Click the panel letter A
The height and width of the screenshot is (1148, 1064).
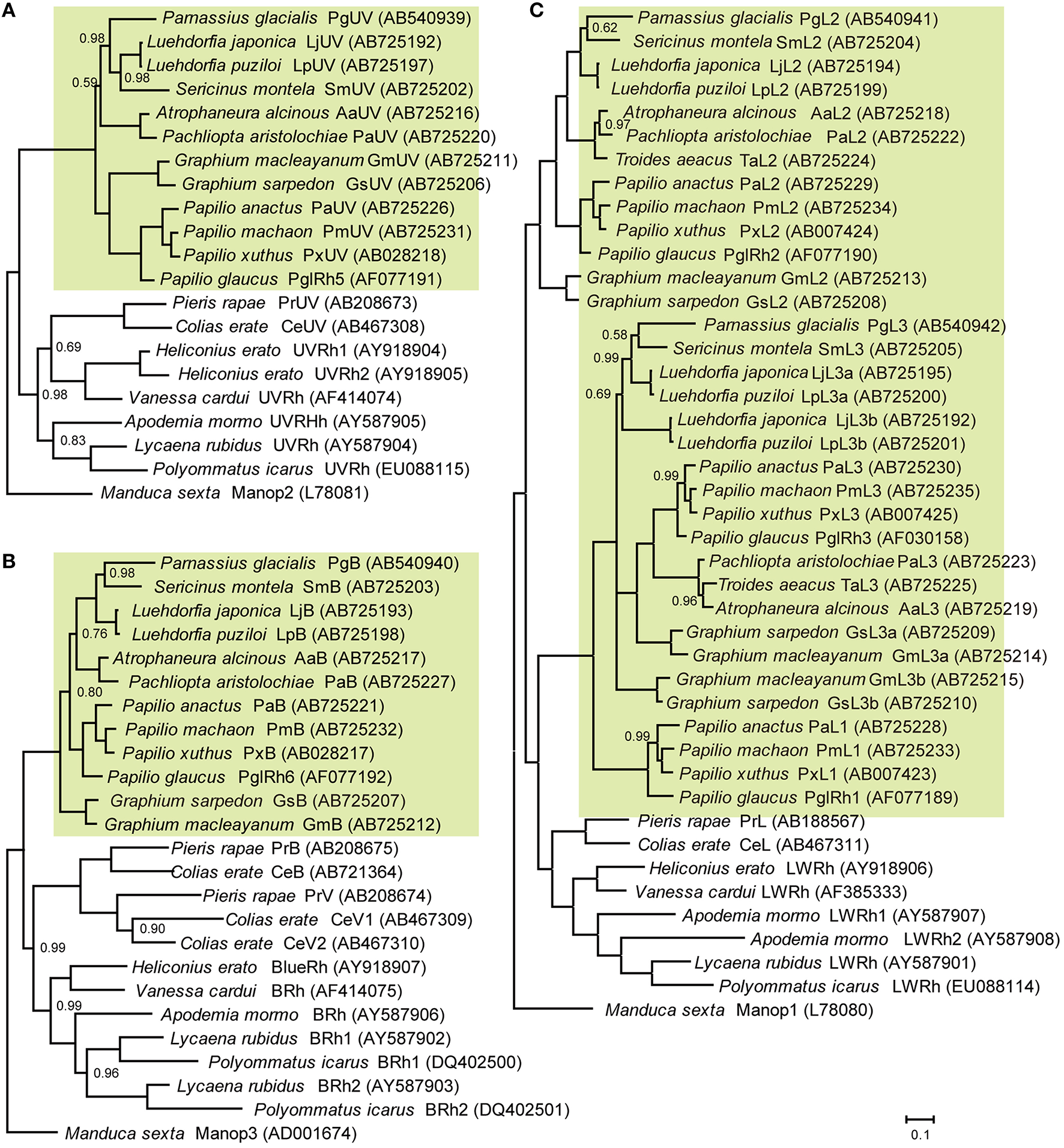(8, 11)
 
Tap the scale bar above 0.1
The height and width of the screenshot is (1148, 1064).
(920, 1119)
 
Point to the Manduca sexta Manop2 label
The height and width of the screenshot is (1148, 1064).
(234, 493)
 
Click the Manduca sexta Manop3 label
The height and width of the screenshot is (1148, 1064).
(210, 1134)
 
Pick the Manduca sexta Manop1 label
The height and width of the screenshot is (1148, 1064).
(739, 1010)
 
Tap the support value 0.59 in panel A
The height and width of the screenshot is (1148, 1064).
(84, 83)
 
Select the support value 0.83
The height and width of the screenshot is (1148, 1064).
(73, 441)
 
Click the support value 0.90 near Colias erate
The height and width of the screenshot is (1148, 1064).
(153, 929)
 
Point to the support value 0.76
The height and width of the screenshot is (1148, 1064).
(94, 634)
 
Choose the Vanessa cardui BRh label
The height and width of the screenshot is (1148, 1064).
(268, 991)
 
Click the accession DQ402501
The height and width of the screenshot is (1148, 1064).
(521, 1110)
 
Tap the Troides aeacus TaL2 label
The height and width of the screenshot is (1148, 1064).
(745, 160)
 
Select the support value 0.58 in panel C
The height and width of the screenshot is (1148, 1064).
(614, 334)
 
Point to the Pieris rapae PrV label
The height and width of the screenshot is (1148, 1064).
(317, 896)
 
